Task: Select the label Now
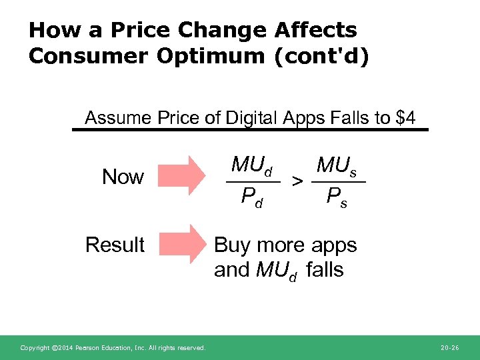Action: click(123, 177)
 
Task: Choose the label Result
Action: click(115, 245)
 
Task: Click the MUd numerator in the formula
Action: click(252, 165)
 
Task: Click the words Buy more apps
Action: click(285, 245)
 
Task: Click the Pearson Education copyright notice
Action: click(113, 347)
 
